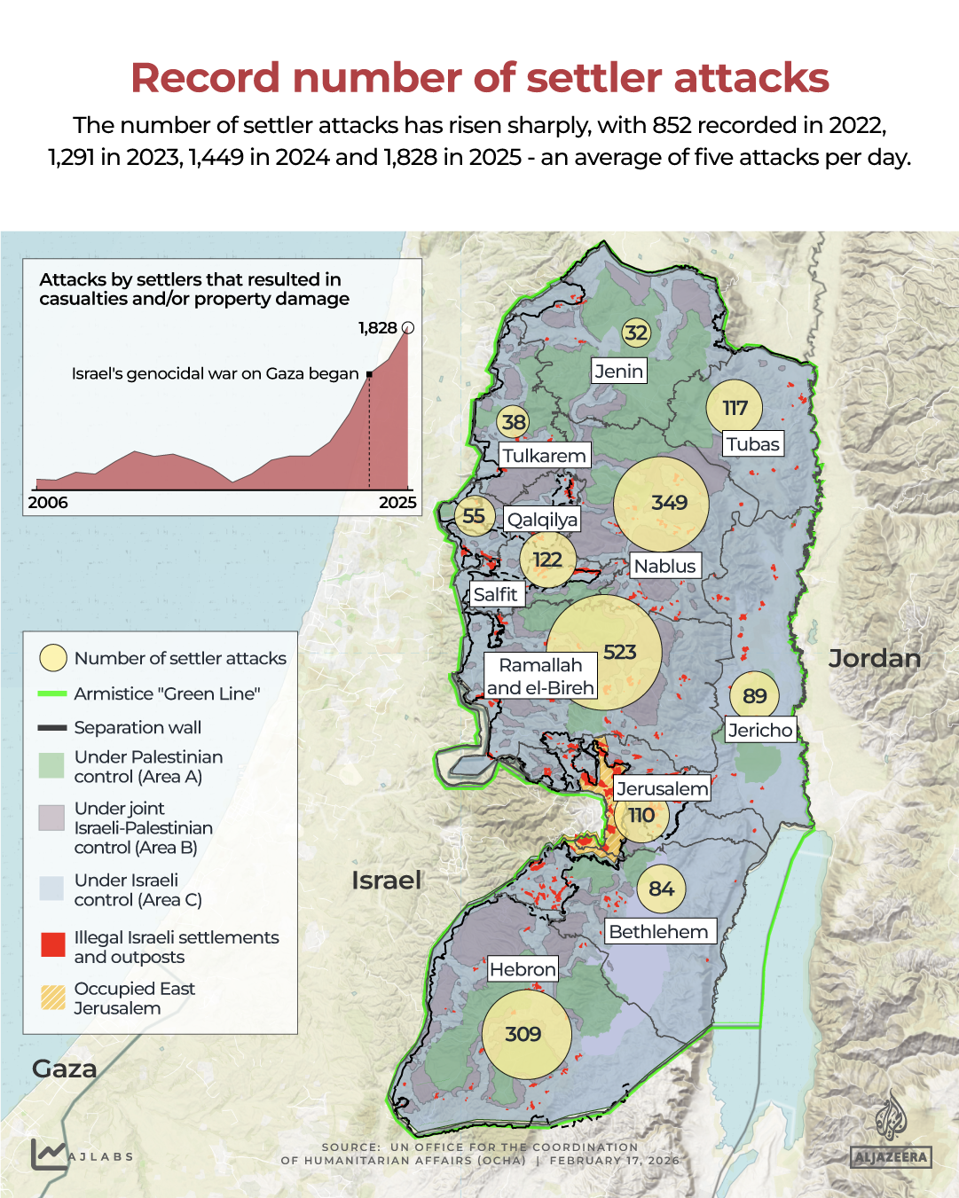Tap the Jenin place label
tap(619, 372)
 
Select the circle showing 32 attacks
tap(636, 333)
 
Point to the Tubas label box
tap(753, 444)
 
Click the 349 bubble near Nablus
tap(662, 503)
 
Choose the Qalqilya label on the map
tap(542, 520)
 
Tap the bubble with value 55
tap(474, 516)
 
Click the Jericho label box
tap(760, 730)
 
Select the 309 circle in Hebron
tap(524, 1034)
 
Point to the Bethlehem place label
tap(659, 931)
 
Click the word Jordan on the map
tap(874, 658)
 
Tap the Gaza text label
tap(65, 1069)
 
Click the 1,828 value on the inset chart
tap(378, 328)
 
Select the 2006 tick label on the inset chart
tap(48, 503)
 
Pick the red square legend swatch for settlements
tap(53, 944)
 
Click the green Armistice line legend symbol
tap(52, 693)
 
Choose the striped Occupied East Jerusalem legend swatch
tap(53, 998)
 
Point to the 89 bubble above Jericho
tap(754, 696)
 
